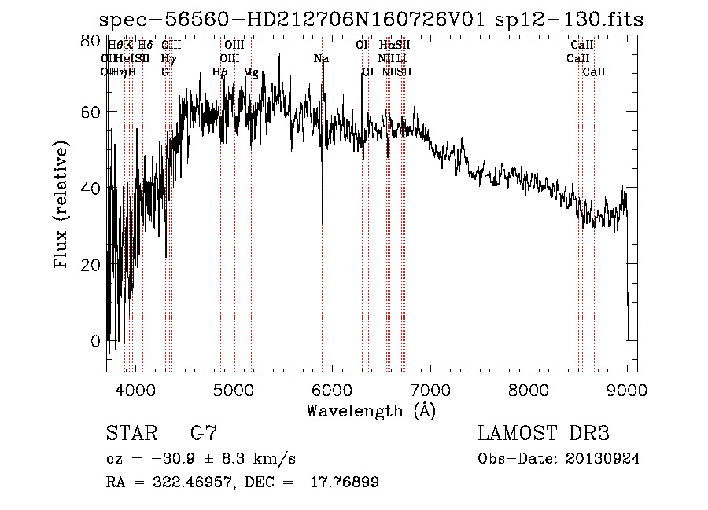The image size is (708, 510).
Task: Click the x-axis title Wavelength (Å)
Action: click(371, 410)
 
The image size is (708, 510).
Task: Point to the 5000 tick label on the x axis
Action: click(234, 388)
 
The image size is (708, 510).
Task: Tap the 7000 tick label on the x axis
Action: click(430, 388)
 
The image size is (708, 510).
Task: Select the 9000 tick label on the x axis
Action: click(627, 388)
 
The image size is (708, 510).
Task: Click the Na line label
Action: click(321, 59)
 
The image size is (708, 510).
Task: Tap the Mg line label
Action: click(251, 72)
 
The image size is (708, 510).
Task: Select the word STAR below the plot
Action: click(128, 434)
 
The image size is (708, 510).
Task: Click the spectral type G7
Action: click(204, 434)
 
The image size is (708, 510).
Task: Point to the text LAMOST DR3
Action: click(543, 434)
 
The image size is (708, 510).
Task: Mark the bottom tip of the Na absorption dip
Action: click(322, 225)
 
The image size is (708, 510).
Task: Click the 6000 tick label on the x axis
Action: click(332, 388)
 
